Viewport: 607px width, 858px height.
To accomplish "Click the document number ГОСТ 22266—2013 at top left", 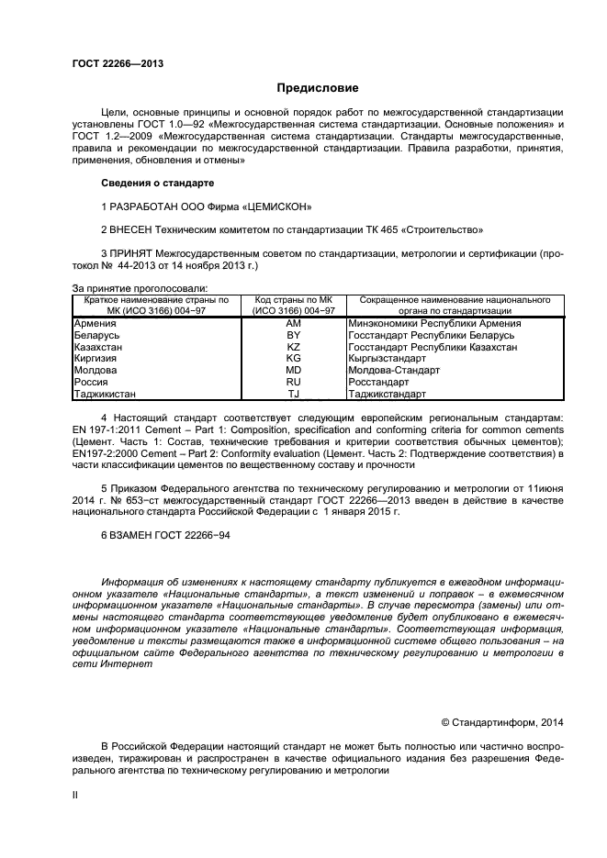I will click(118, 64).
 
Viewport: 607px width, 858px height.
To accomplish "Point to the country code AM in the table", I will click(293, 324).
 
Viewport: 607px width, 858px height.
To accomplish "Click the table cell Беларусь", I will click(96, 336).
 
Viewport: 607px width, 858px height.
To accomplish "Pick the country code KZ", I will click(293, 348).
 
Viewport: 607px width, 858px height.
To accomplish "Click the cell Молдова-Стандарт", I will click(394, 371).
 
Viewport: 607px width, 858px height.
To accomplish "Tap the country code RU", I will click(293, 382).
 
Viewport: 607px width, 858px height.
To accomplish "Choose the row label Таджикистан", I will click(105, 394).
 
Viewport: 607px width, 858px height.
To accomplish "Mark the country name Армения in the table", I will click(94, 324).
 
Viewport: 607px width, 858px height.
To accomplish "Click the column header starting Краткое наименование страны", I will click(155, 306).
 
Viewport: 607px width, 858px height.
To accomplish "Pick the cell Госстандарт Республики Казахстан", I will click(432, 348).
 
